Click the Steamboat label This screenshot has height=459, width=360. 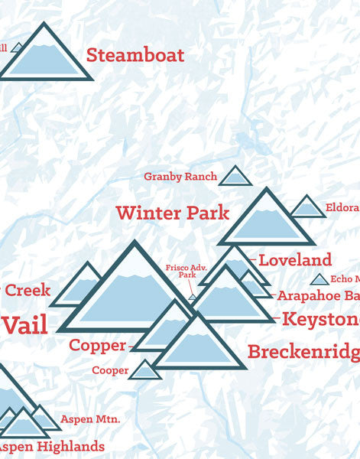(135, 55)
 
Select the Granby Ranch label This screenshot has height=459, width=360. (180, 177)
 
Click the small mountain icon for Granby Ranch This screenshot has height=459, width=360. (235, 177)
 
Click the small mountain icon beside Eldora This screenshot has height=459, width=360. (308, 207)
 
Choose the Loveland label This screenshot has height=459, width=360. (295, 260)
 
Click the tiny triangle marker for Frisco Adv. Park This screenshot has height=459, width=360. (193, 296)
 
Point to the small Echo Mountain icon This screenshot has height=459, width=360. (319, 280)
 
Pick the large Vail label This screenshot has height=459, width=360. (24, 324)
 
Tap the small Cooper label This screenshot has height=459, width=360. (110, 370)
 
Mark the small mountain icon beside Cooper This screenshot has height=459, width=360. (145, 370)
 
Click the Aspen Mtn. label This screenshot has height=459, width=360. (87, 419)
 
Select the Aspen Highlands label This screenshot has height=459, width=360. (51, 446)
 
